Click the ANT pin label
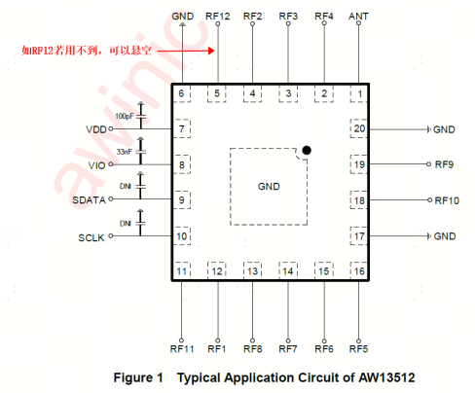click(358, 17)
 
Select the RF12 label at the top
click(218, 17)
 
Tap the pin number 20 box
click(359, 128)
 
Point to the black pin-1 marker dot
click(307, 150)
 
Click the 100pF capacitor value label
click(125, 116)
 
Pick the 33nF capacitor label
click(125, 152)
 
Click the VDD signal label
click(96, 129)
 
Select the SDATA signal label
click(89, 200)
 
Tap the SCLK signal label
click(91, 238)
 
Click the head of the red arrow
click(211, 51)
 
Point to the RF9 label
click(444, 164)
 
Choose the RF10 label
click(447, 200)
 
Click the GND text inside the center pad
click(269, 187)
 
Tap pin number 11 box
click(182, 270)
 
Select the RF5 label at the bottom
click(358, 349)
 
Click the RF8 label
click(253, 349)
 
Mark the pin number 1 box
click(359, 93)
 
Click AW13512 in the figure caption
click(386, 377)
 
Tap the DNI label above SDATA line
click(126, 186)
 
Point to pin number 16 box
click(359, 270)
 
